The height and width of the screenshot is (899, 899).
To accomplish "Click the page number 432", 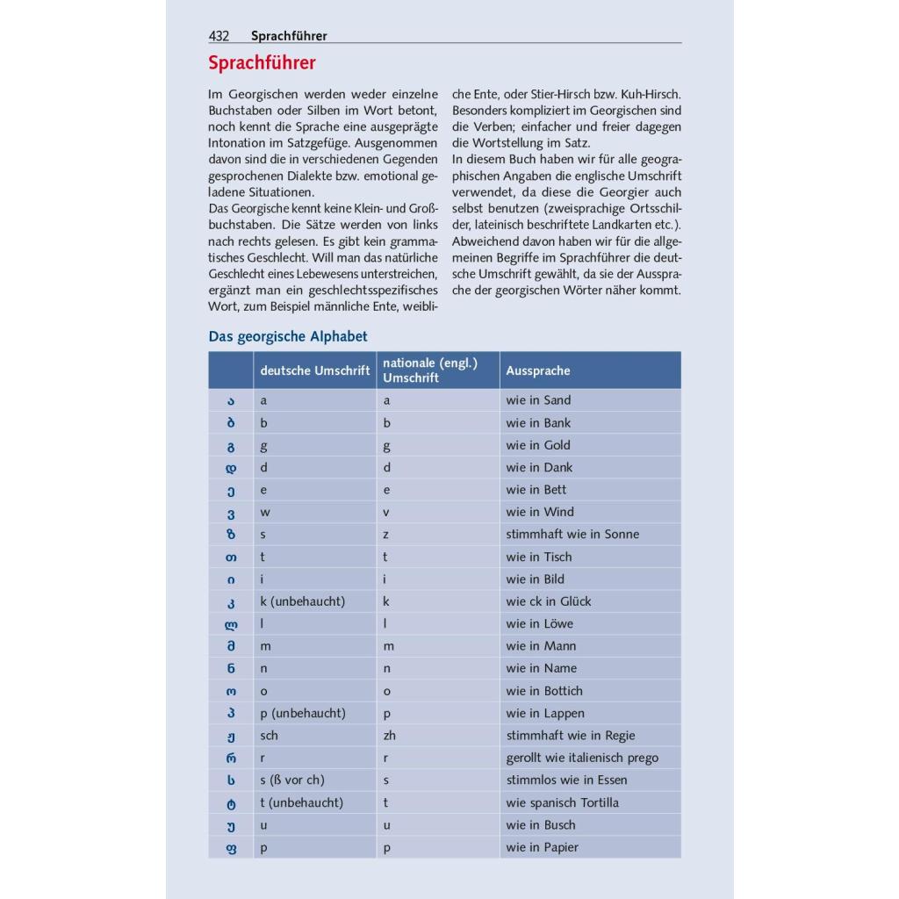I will coord(219,36).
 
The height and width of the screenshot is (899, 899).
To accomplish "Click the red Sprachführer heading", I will coord(262,63).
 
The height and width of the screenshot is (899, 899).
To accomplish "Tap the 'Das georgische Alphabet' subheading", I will coord(288,336).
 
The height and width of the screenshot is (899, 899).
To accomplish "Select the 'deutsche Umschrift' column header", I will coord(314,370).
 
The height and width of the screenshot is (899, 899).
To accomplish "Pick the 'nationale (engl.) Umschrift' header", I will coord(430,370).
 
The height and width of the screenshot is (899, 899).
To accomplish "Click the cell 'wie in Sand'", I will coord(538,400).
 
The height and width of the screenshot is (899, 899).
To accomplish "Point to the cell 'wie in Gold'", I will coord(538,445).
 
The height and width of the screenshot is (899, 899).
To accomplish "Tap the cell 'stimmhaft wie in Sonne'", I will coord(572,534).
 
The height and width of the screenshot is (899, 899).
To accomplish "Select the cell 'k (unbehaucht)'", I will coord(303,601).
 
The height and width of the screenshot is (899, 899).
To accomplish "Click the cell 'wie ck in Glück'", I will coord(549,601).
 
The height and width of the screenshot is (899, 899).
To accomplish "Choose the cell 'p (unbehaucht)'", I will coord(303,713).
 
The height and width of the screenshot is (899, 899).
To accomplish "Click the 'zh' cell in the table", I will coord(390,736).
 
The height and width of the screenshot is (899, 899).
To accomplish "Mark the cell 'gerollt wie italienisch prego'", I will coord(582,758).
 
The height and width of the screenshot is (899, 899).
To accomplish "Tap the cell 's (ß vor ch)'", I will coord(298,780).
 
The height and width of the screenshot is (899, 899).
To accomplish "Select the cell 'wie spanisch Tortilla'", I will coord(562,802).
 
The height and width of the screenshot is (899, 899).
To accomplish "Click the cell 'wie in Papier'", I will coord(542,847).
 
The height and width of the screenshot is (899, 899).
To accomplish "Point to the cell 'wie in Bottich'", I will coord(544,691).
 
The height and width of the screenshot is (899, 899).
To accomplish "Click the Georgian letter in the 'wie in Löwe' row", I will coord(231,624).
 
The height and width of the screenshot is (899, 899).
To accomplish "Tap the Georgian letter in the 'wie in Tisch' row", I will coord(231,557).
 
